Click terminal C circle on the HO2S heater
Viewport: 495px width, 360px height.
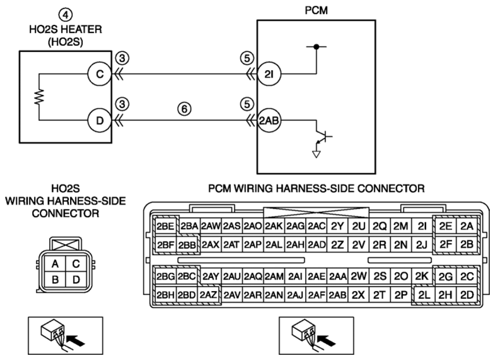pyautogui.click(x=100, y=74)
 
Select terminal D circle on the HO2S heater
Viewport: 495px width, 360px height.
pyautogui.click(x=100, y=120)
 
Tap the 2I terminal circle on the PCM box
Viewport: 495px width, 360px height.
pyautogui.click(x=269, y=74)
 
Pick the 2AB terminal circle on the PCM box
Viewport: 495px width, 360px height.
pyautogui.click(x=269, y=120)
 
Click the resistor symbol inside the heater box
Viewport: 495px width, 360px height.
pyautogui.click(x=39, y=97)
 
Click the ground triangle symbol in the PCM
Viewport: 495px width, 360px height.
pyautogui.click(x=316, y=154)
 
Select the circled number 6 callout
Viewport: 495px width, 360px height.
pyautogui.click(x=184, y=109)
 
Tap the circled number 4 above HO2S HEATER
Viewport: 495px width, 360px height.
pyautogui.click(x=65, y=14)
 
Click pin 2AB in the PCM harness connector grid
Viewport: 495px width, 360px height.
pyautogui.click(x=338, y=295)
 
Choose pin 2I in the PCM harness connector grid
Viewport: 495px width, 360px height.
pyautogui.click(x=422, y=226)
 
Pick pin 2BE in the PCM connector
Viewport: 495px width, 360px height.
pyautogui.click(x=166, y=226)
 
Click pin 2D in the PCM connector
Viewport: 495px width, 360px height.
pyautogui.click(x=467, y=295)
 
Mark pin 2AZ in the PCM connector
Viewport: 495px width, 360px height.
pyautogui.click(x=208, y=295)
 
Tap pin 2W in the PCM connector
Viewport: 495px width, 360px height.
pyautogui.click(x=358, y=277)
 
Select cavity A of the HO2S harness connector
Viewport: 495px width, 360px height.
pyautogui.click(x=55, y=263)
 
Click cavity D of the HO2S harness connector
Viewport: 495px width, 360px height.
pyautogui.click(x=76, y=280)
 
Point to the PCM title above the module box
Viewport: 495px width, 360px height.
pyautogui.click(x=316, y=10)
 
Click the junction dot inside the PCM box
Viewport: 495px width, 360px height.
pyautogui.click(x=316, y=47)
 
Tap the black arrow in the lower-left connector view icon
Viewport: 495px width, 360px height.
pyautogui.click(x=77, y=341)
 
